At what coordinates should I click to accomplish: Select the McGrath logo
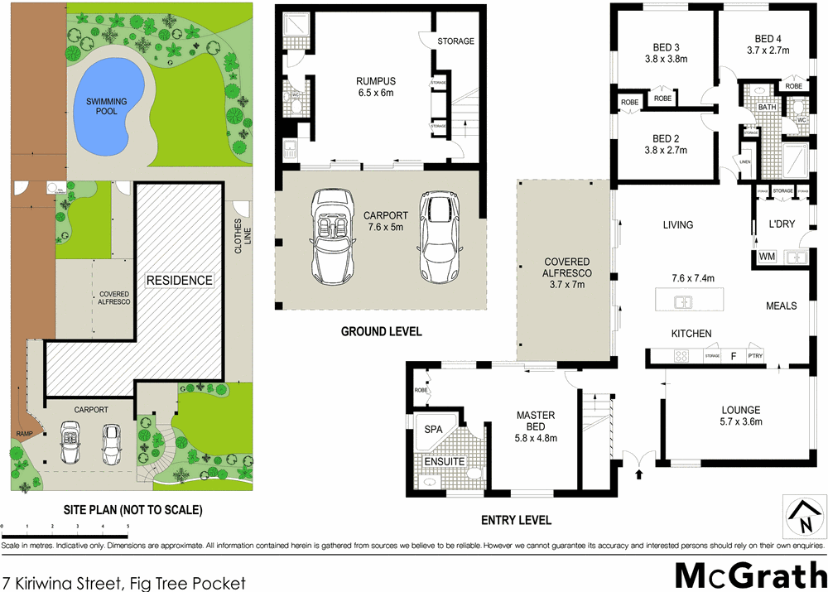[x=749, y=575]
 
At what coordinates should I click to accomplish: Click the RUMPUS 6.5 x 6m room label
[x=376, y=87]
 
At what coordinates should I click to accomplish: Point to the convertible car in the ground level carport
[x=338, y=237]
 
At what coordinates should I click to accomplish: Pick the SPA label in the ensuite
[x=433, y=431]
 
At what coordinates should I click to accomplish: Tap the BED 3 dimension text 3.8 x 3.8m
[x=666, y=59]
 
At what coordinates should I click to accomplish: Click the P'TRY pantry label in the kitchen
[x=754, y=356]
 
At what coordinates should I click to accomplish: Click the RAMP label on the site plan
[x=22, y=434]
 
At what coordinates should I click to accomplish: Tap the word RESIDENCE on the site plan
[x=180, y=280]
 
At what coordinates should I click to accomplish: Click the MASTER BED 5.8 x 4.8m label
[x=536, y=421]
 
